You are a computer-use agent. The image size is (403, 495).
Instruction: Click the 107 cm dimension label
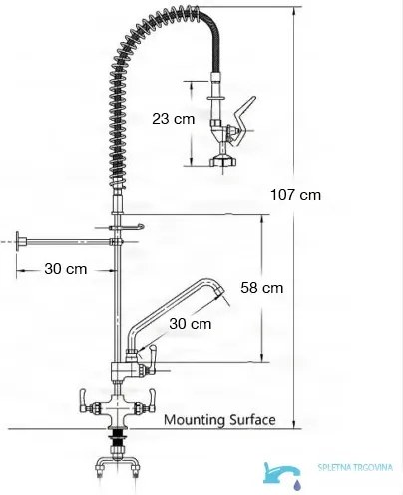point(295,195)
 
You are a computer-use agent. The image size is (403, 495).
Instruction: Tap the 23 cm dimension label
point(173,119)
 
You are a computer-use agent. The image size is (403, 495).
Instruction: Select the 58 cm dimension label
point(262,288)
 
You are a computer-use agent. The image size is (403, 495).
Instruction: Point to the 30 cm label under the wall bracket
point(66,269)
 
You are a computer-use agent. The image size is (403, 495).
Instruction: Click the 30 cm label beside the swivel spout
point(191,324)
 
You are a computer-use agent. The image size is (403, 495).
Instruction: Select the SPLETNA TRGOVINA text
point(355,467)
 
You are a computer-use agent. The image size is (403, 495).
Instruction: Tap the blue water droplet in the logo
point(298,484)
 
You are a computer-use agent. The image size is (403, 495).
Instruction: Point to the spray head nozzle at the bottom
point(222,161)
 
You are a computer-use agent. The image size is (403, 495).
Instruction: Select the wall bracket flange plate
point(19,241)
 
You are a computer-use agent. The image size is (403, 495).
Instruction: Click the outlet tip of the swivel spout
point(219,291)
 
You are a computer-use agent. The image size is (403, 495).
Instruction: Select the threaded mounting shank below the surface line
point(117,438)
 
